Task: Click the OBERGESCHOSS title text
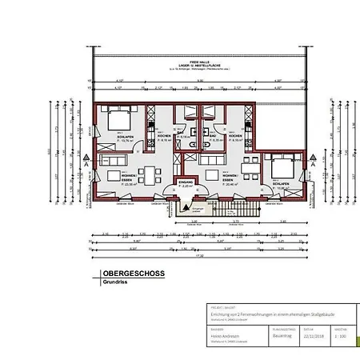pyautogui.click(x=133, y=274)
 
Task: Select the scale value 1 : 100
pyautogui.click(x=339, y=335)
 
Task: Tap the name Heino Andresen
pyautogui.click(x=222, y=335)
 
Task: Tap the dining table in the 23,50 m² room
pyautogui.click(x=149, y=174)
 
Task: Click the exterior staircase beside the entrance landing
pyautogui.click(x=237, y=210)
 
